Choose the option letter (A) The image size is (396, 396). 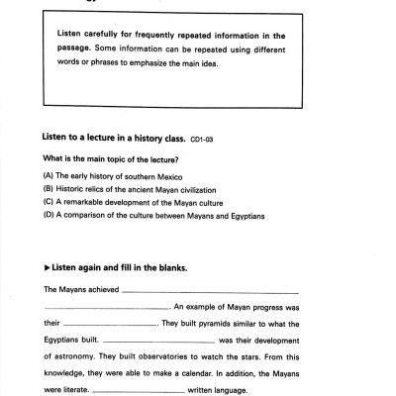coord(48,175)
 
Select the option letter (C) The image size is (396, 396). coord(48,202)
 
